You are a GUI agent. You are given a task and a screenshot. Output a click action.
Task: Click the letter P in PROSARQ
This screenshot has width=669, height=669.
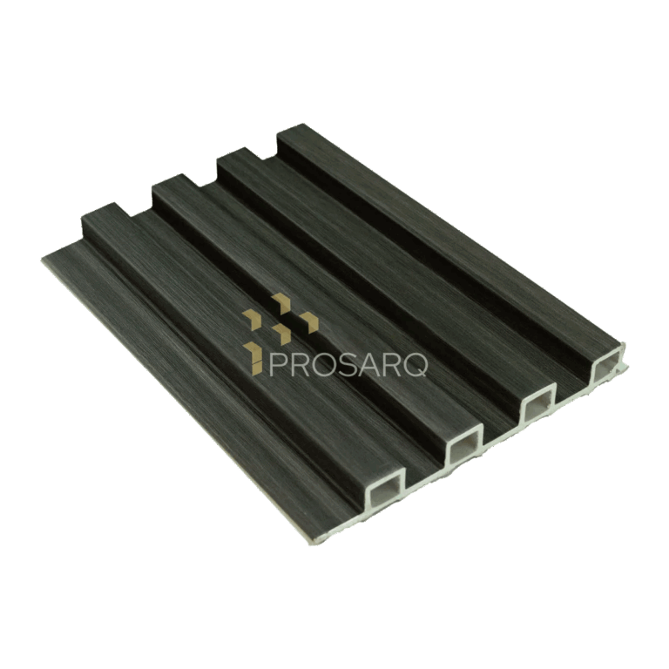click(x=277, y=364)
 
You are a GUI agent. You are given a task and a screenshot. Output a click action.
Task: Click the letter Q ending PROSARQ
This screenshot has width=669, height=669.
click(x=414, y=364)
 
